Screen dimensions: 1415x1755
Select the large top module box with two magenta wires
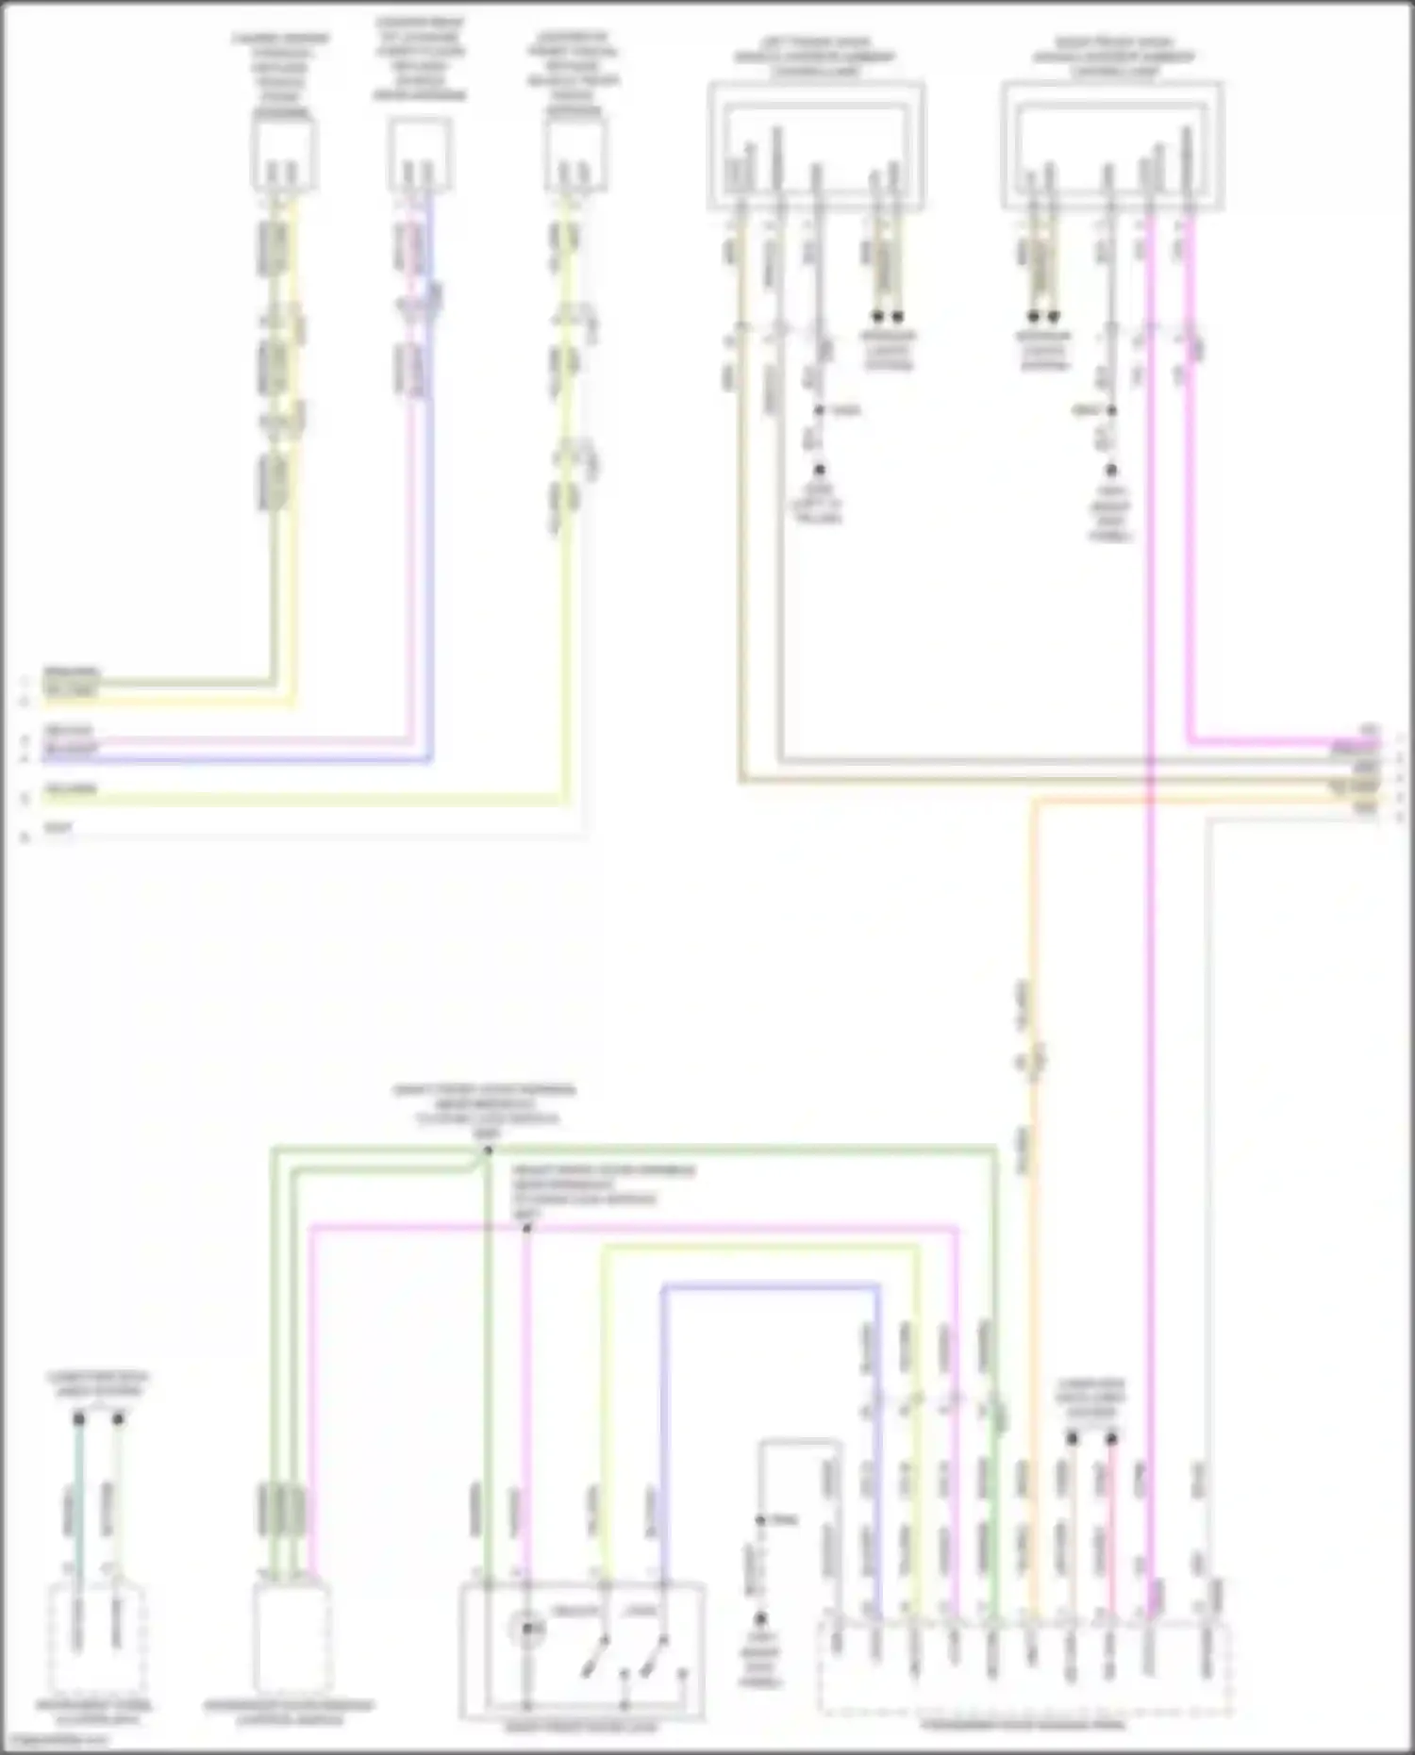[1112, 146]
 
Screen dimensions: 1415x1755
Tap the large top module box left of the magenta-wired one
[816, 146]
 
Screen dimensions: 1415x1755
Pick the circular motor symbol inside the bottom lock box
[526, 1628]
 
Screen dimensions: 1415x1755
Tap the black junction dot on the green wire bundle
[487, 1151]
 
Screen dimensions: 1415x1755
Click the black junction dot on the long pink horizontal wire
[527, 1228]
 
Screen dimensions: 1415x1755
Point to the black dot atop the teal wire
[79, 1418]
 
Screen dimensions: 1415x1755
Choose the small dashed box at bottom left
[96, 1641]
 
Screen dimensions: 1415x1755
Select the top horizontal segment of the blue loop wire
[769, 1285]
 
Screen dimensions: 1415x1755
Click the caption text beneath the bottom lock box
[581, 1728]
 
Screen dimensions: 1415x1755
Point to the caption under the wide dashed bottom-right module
[1024, 1726]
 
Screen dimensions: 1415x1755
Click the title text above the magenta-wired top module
[1113, 57]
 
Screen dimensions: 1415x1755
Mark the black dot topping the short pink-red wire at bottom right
[1111, 1438]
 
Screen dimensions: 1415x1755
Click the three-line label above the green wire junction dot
[483, 1105]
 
